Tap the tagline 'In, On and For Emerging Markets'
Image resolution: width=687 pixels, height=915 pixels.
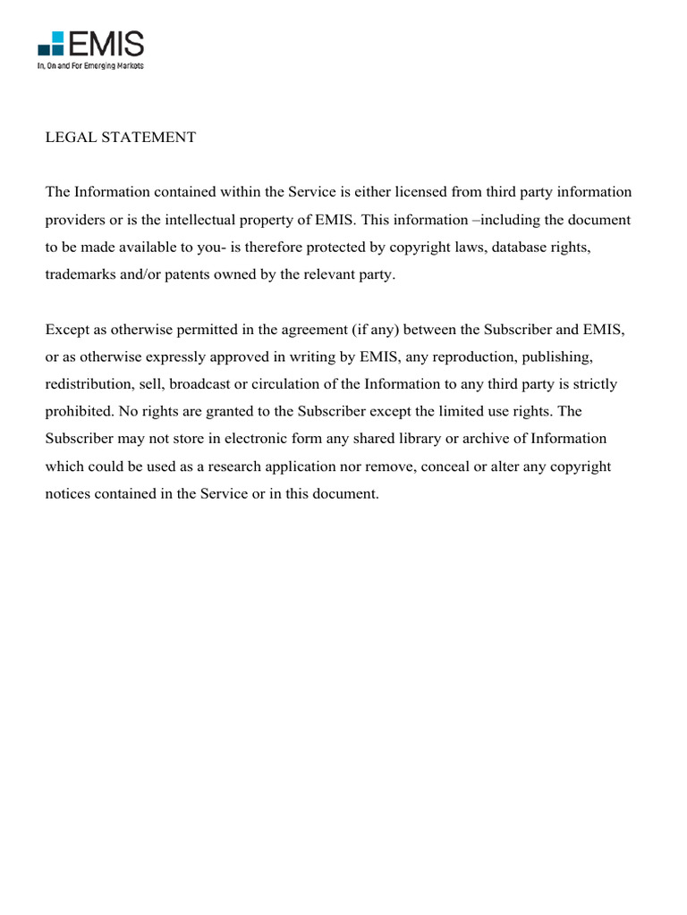[x=90, y=66]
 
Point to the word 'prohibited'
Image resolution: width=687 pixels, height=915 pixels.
[x=79, y=412]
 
